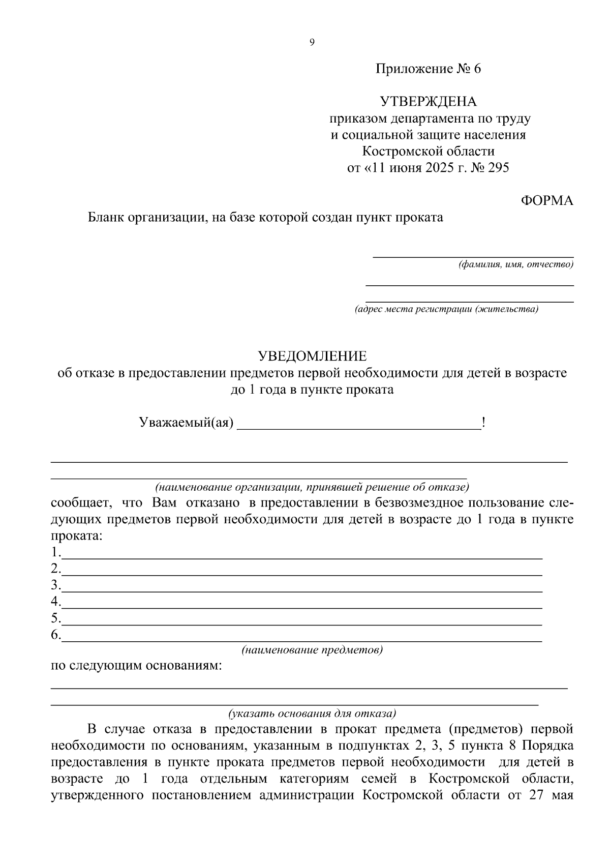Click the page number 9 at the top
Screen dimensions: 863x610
pyautogui.click(x=312, y=43)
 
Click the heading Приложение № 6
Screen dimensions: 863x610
pyautogui.click(x=428, y=69)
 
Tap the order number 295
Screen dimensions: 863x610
pyautogui.click(x=498, y=168)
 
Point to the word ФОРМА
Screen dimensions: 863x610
pyautogui.click(x=547, y=201)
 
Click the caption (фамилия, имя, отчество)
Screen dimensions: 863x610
pyautogui.click(x=515, y=264)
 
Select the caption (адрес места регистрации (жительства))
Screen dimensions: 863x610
pyautogui.click(x=446, y=309)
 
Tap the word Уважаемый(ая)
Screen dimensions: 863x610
pyautogui.click(x=186, y=423)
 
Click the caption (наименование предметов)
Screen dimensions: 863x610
pyautogui.click(x=312, y=650)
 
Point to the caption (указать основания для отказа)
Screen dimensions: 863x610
pyautogui.click(x=312, y=713)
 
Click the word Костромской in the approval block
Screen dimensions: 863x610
pyautogui.click(x=393, y=152)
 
